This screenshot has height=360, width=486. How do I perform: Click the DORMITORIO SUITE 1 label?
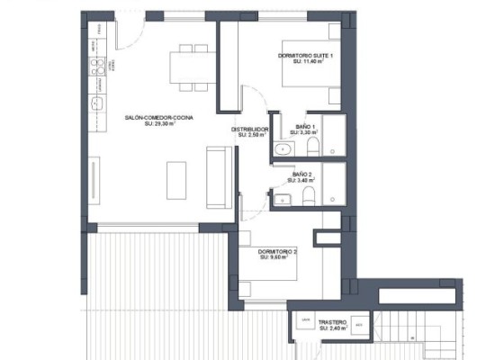[x=306, y=56]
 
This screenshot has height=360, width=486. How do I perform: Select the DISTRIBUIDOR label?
[x=251, y=129]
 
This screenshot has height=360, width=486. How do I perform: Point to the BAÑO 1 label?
[x=306, y=126]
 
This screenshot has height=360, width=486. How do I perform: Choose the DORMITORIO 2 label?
[x=277, y=251]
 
